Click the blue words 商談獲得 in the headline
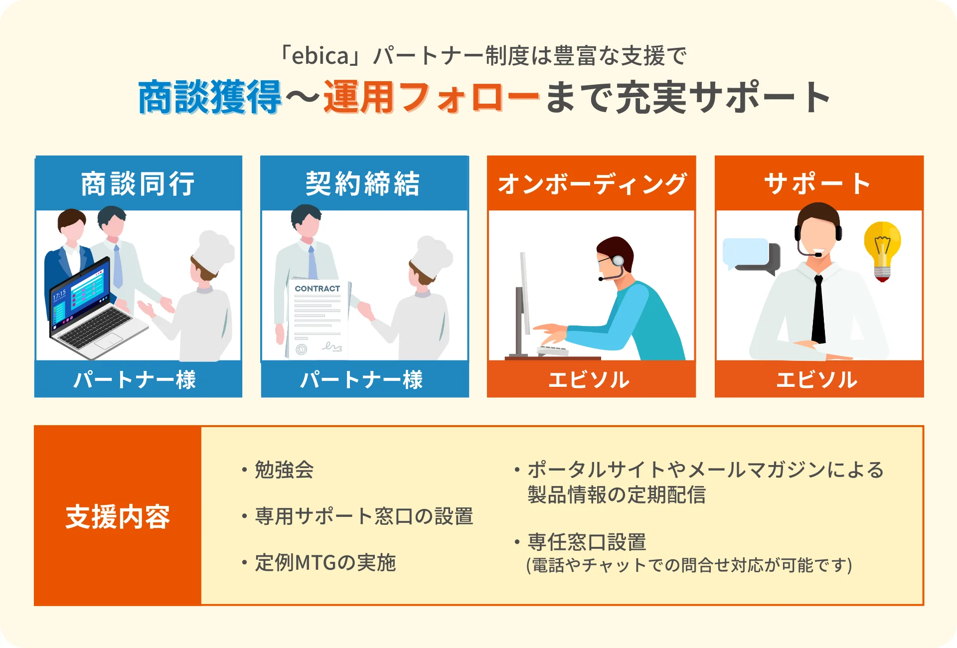point(210,97)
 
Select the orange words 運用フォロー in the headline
point(432,97)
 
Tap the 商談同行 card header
point(138,183)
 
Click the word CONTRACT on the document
point(317,289)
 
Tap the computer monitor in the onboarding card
point(522,304)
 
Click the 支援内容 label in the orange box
point(118,517)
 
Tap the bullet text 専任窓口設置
point(587,542)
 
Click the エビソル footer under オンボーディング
point(589,380)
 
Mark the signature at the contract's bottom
point(332,346)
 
